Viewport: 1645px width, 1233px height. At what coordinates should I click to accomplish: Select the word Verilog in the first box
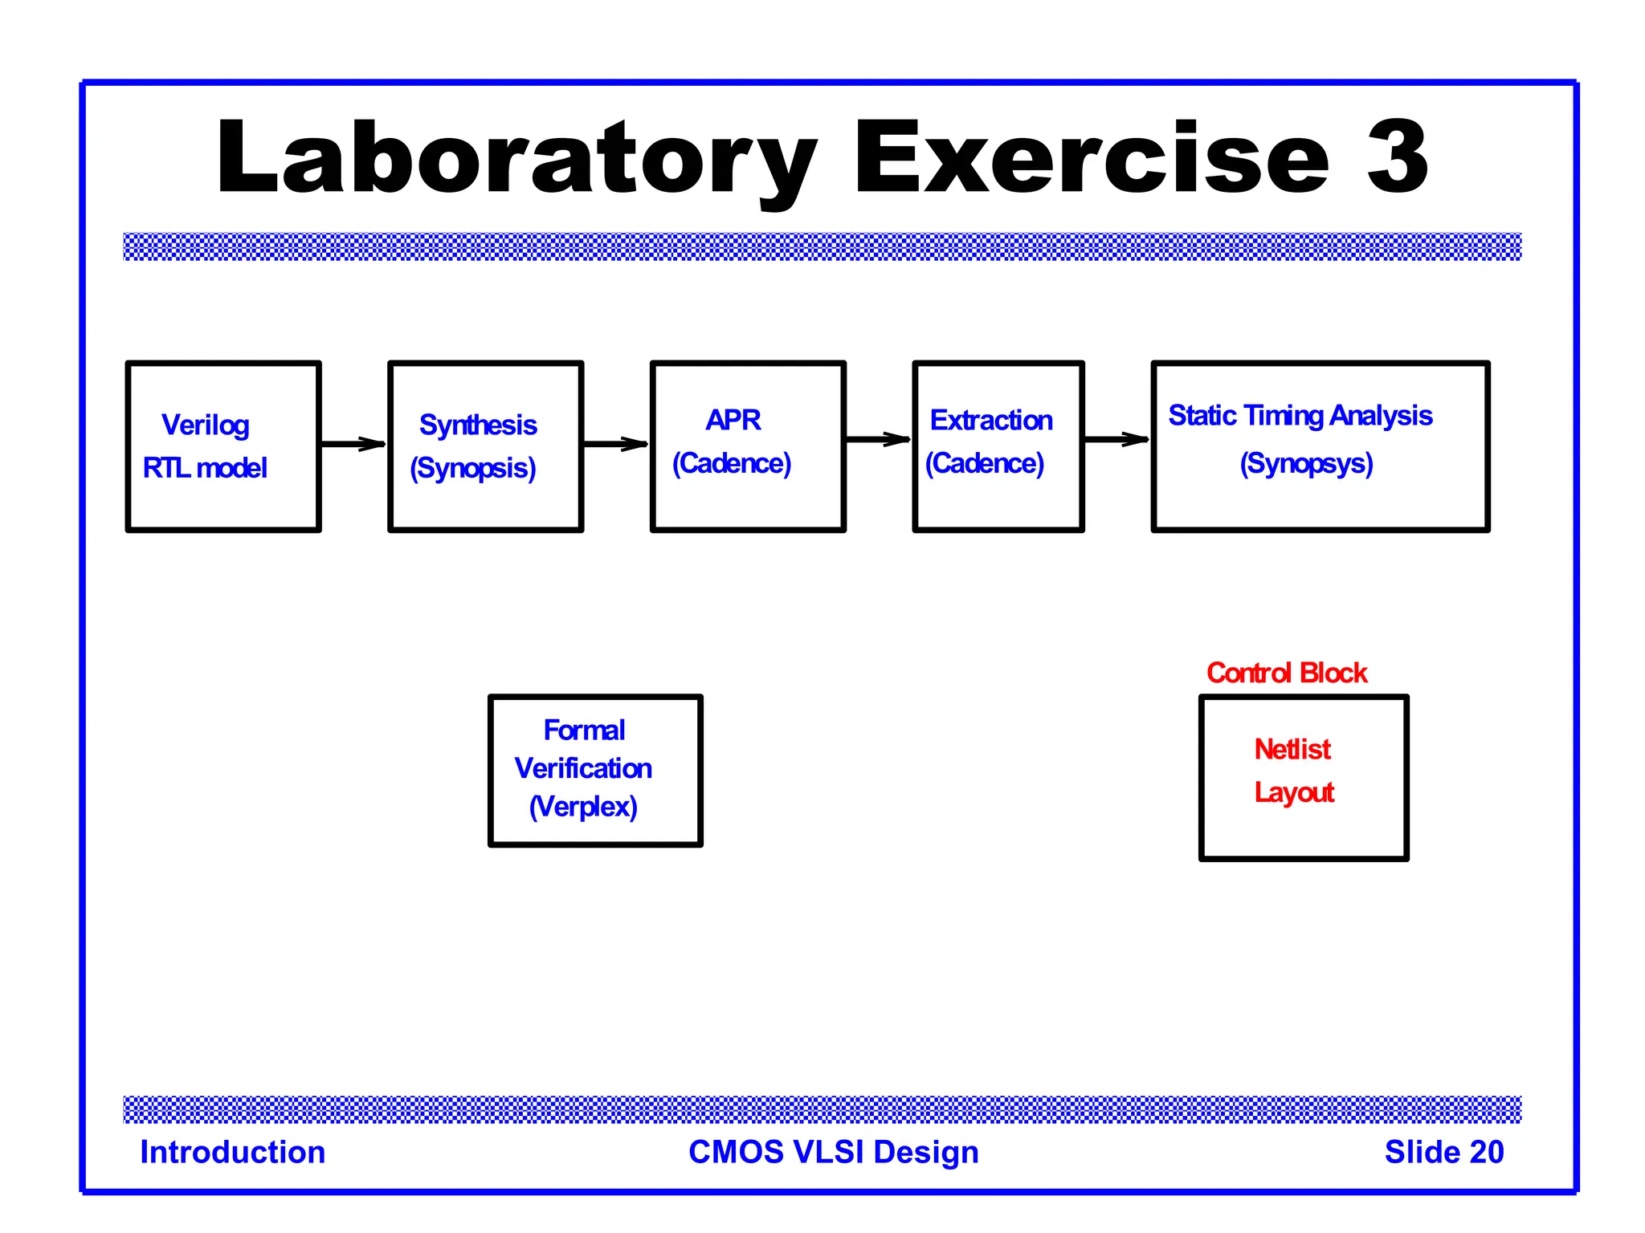tap(206, 425)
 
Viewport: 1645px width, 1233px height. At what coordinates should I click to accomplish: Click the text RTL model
tap(205, 468)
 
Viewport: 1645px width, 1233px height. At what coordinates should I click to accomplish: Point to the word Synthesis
tap(478, 425)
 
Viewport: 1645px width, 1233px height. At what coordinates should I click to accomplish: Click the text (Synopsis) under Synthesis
tap(473, 468)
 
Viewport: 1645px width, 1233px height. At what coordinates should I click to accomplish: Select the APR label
tap(733, 420)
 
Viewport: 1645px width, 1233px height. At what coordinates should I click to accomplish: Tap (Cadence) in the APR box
tap(732, 463)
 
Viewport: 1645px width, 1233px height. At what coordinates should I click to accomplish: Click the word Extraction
tap(990, 420)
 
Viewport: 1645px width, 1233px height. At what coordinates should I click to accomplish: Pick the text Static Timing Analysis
tap(1300, 415)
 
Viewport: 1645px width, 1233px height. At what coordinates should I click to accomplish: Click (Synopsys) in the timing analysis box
tap(1306, 463)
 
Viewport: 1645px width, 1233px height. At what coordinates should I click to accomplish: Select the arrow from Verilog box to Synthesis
tap(353, 444)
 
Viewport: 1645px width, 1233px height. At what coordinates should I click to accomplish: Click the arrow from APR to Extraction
tap(878, 439)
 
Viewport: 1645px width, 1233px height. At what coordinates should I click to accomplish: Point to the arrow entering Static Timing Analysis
tap(1116, 439)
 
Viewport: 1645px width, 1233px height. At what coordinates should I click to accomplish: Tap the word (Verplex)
tap(583, 806)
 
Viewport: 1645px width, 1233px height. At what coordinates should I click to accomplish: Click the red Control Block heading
tap(1286, 673)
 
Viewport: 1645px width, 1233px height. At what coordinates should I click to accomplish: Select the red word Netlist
tap(1292, 749)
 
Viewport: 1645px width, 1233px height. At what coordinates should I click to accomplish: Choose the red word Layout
tap(1294, 792)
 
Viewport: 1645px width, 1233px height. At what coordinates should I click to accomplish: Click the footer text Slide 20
tap(1443, 1152)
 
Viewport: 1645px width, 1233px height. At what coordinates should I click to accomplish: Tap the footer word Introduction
tap(233, 1152)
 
